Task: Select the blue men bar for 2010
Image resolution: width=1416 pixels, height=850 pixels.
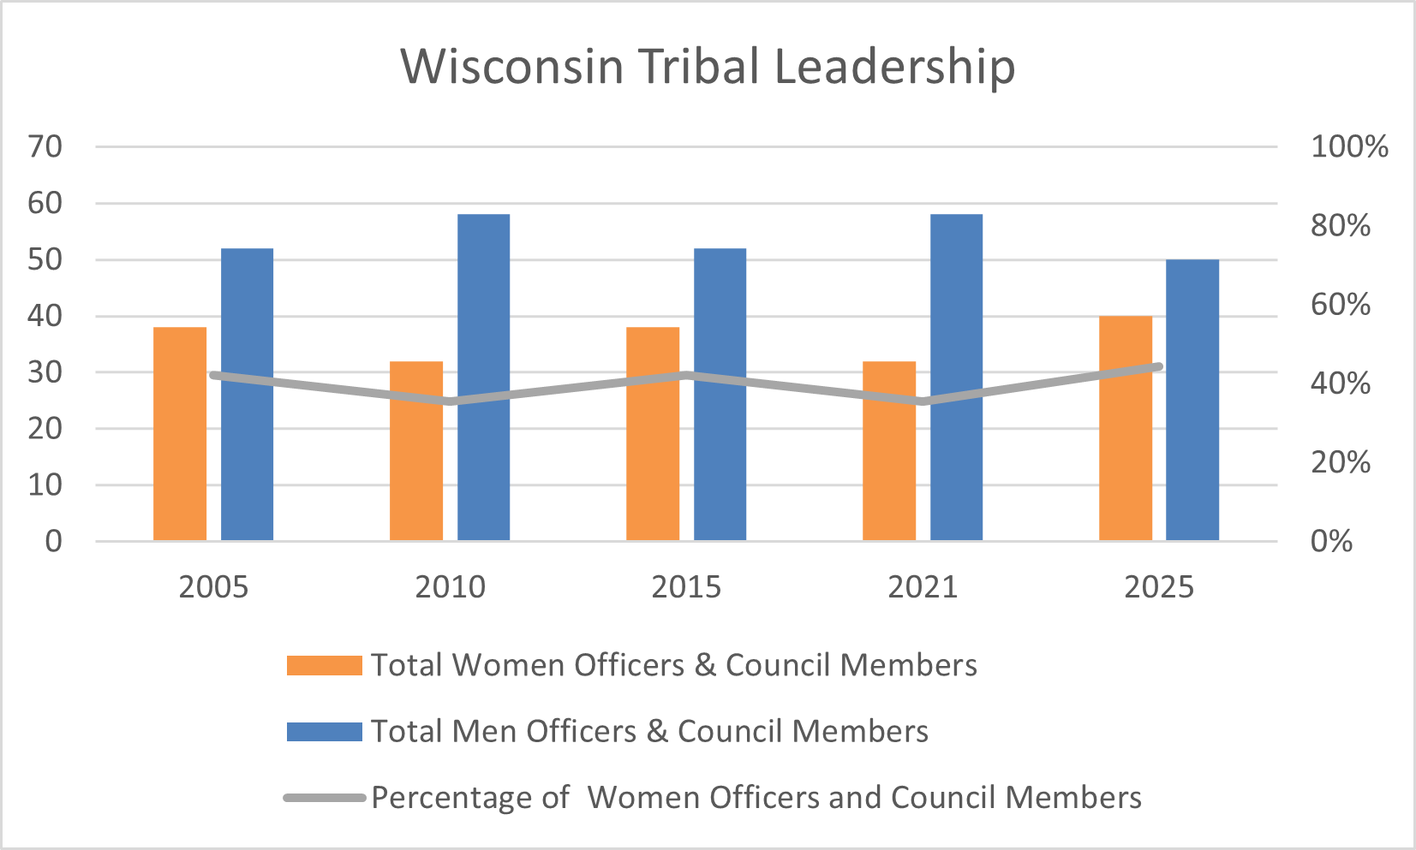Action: click(483, 377)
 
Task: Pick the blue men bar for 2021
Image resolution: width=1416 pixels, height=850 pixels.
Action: click(956, 377)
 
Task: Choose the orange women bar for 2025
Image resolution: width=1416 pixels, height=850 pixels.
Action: click(1126, 428)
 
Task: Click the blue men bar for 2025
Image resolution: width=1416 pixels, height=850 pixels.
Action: click(1192, 399)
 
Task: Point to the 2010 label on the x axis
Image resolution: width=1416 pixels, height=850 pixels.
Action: click(450, 587)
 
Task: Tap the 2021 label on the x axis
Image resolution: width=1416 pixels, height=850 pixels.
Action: click(923, 587)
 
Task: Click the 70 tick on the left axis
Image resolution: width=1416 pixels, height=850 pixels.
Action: click(45, 147)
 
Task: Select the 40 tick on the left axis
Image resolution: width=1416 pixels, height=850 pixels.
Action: click(45, 316)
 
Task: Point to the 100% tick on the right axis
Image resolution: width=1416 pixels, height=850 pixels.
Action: click(1349, 147)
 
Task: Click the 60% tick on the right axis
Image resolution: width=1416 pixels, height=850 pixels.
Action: click(1341, 305)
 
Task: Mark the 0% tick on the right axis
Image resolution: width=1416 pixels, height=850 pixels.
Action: click(1331, 541)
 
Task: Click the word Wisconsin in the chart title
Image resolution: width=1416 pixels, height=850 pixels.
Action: click(512, 67)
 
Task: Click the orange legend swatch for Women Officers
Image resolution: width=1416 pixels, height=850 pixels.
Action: click(324, 666)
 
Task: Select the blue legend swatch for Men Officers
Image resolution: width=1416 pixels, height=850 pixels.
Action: click(324, 732)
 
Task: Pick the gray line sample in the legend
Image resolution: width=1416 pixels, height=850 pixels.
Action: click(324, 798)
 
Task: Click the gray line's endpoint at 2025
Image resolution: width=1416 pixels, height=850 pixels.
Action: click(1158, 366)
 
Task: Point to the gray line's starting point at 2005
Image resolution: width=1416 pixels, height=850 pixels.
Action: click(213, 375)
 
